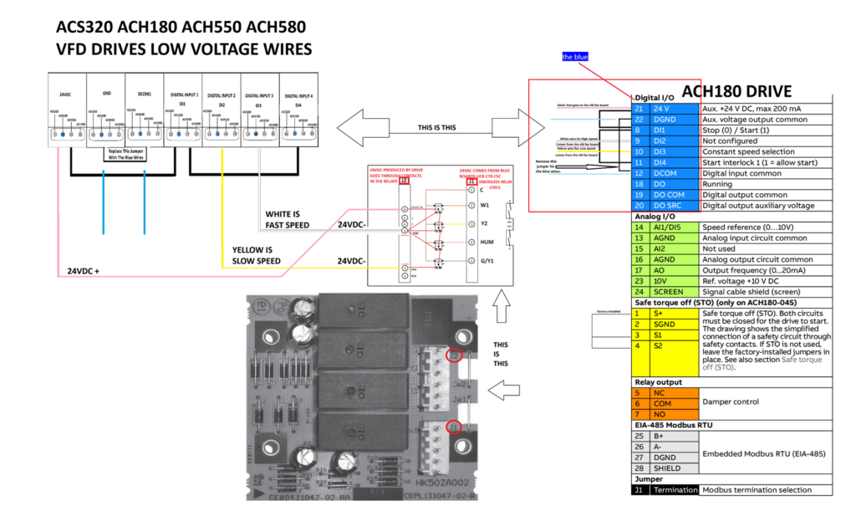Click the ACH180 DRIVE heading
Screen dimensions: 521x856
(x=736, y=91)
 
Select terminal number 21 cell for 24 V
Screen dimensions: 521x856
(x=640, y=109)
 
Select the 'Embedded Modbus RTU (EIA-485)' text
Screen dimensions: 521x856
(x=763, y=453)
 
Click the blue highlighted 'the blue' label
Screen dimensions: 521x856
(x=575, y=57)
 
